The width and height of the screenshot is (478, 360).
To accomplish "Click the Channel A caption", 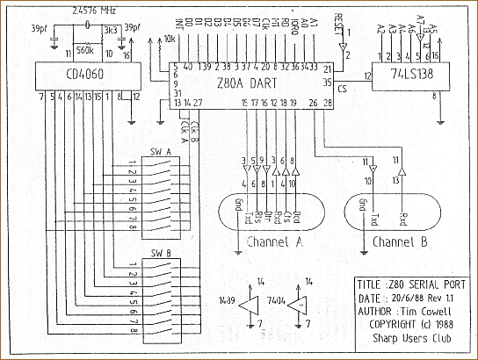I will [x=277, y=241].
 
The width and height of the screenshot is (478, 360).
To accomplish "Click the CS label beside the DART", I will [x=342, y=90].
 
